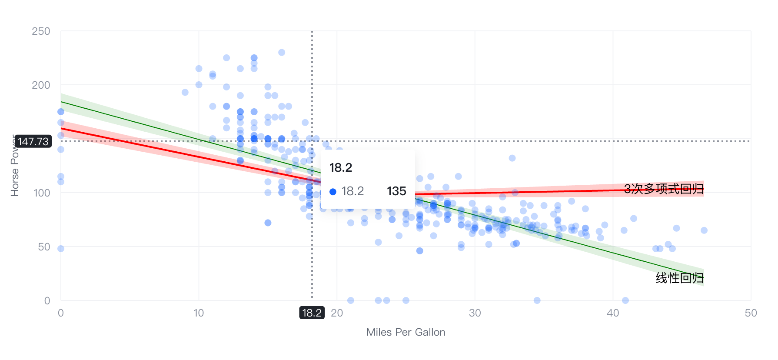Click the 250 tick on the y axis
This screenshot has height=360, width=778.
(41, 31)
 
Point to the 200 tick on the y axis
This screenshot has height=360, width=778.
(41, 85)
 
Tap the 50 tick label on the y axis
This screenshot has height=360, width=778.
(44, 247)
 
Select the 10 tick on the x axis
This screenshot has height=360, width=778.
(199, 313)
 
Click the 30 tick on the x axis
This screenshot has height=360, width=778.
(475, 313)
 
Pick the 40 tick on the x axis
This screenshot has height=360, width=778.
(613, 313)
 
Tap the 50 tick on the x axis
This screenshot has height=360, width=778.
(751, 313)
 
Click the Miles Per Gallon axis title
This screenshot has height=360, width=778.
(406, 332)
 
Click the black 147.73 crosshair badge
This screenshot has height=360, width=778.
(33, 142)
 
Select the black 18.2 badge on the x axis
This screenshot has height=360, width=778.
(312, 313)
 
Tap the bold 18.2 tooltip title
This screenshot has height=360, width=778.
(341, 168)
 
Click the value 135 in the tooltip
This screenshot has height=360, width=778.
(396, 191)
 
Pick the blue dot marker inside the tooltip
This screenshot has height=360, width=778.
(333, 192)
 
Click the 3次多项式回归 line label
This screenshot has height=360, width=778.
(664, 189)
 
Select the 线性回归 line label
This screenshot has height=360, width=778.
(679, 278)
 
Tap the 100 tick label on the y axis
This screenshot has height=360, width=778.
(42, 193)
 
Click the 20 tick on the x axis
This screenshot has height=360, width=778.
(337, 313)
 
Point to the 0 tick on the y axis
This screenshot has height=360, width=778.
(47, 301)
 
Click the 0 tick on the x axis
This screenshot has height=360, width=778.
(61, 313)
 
